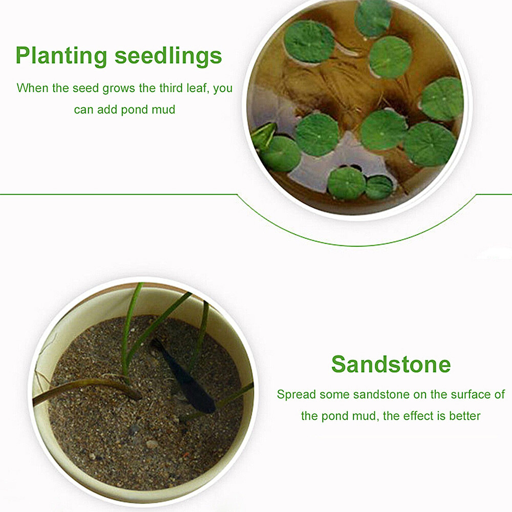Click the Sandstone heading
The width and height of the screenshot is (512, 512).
point(391,364)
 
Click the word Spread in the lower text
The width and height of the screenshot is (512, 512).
point(296,395)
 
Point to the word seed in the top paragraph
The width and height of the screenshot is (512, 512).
point(86,88)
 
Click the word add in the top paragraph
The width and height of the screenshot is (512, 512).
point(108,110)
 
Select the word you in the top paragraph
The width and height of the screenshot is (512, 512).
point(223,88)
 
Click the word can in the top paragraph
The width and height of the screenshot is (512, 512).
point(83,110)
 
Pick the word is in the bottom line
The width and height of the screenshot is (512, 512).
point(441,416)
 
